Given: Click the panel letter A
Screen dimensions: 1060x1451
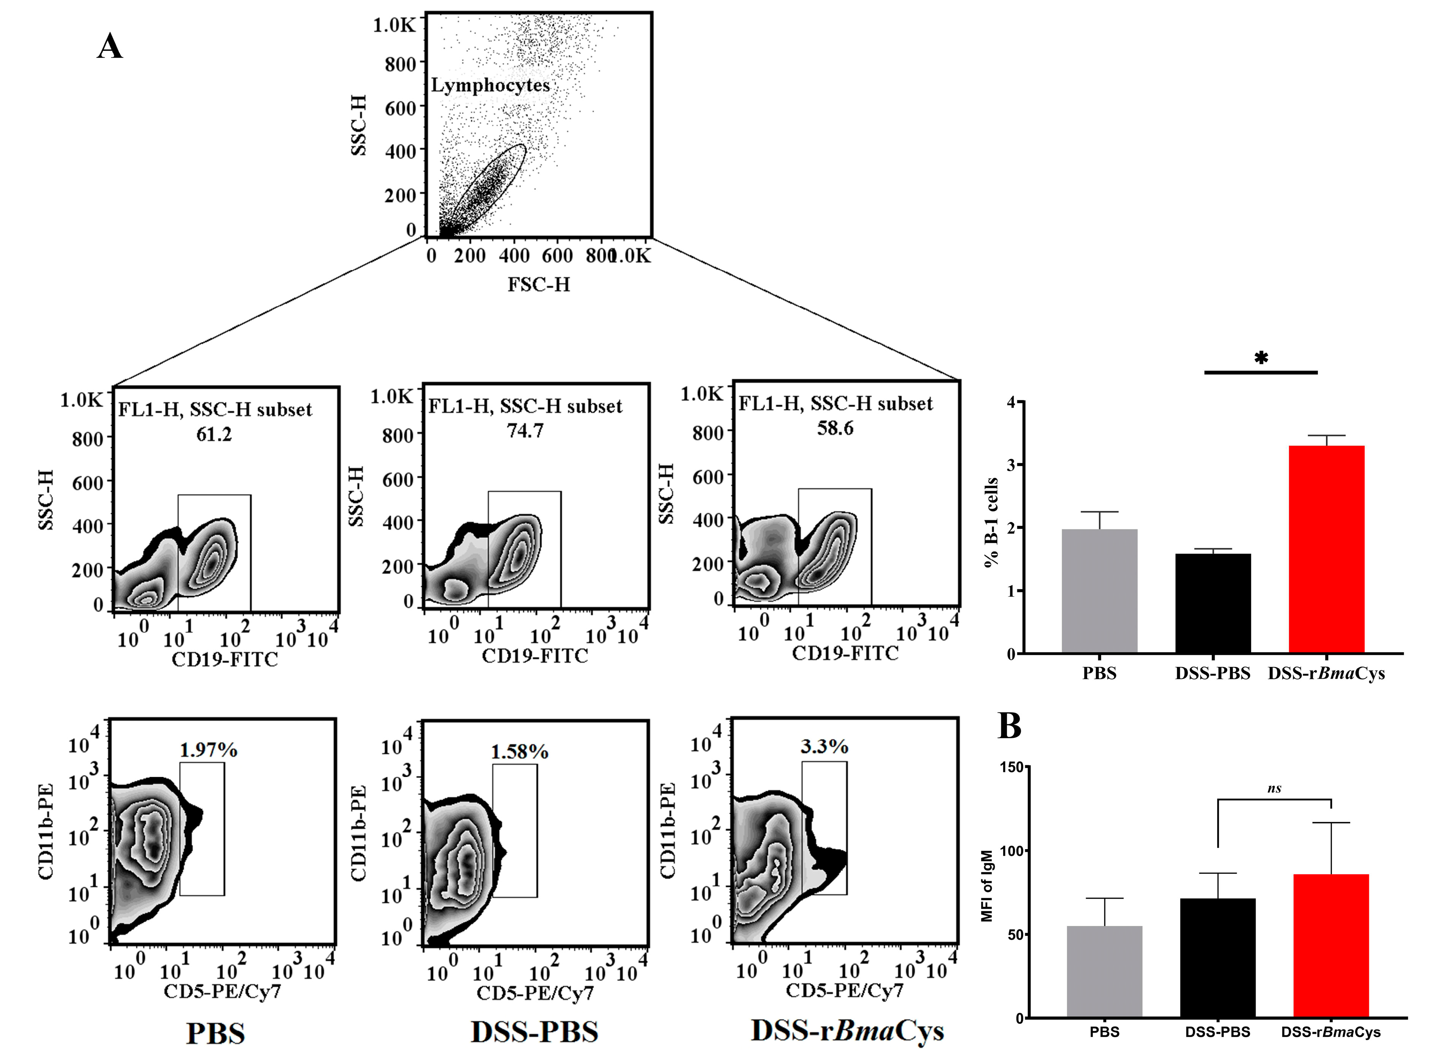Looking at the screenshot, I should (110, 47).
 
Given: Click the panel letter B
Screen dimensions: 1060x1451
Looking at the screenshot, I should (1010, 726).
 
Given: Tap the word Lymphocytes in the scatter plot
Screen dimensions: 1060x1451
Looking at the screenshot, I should (490, 85).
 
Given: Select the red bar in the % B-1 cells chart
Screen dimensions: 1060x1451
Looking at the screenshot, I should (1326, 549).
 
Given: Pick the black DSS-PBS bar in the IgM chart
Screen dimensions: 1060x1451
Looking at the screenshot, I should (1217, 957).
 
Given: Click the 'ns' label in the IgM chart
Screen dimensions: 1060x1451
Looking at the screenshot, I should (1275, 789).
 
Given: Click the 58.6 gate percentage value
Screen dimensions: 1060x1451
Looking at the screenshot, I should (835, 428).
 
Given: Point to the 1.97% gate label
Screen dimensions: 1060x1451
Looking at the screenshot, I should (209, 750).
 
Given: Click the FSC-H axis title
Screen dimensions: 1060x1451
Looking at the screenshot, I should (539, 284).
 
